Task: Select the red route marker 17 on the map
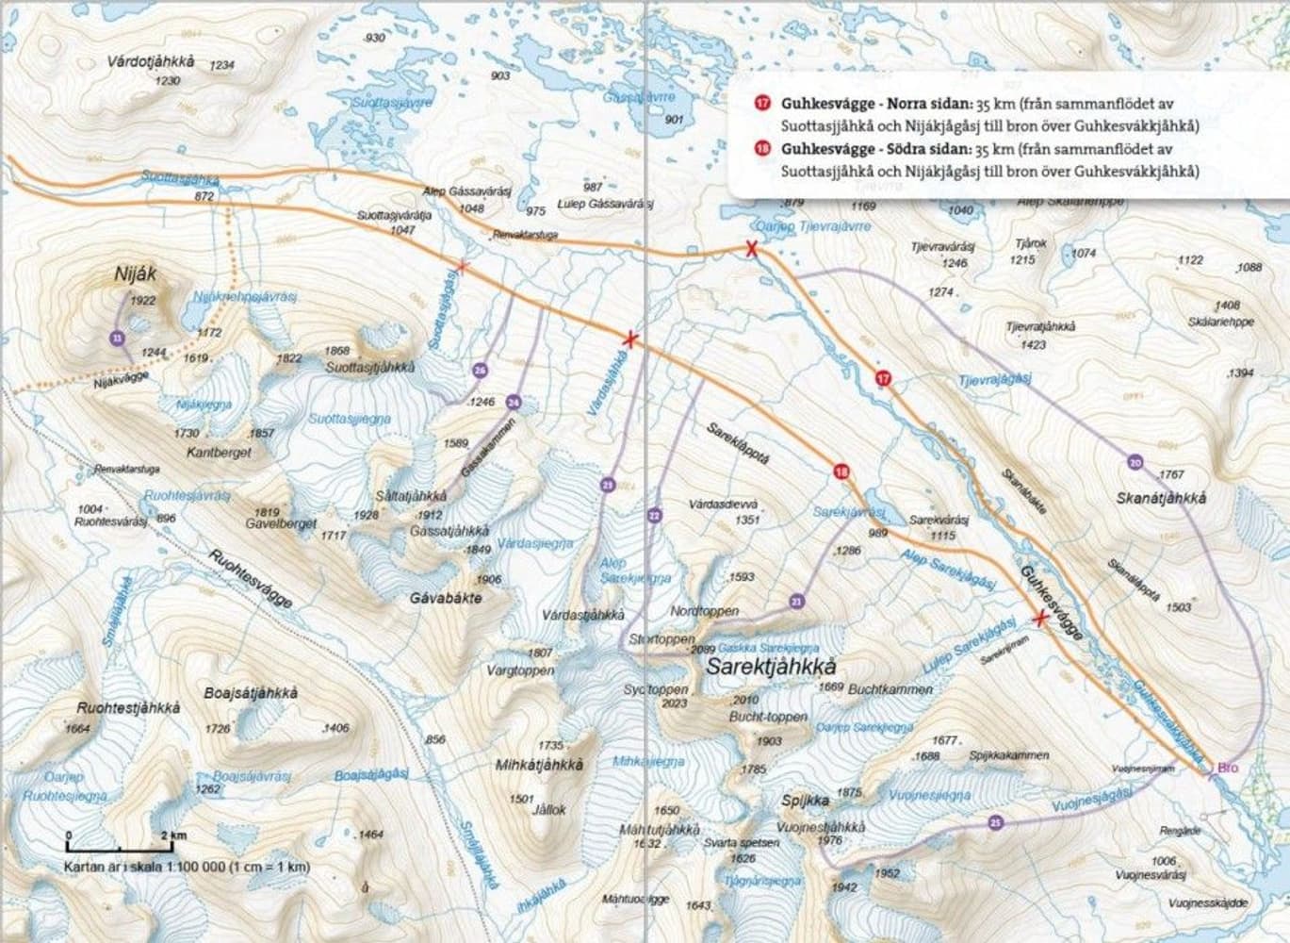[x=883, y=378]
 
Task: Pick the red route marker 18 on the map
[x=841, y=471]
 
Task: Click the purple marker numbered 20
[x=1135, y=462]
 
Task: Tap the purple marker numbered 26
[x=480, y=372]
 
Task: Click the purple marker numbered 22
[x=654, y=515]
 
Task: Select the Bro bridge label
[x=1227, y=769]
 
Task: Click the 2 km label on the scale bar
[x=174, y=835]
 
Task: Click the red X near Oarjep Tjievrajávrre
[x=751, y=249]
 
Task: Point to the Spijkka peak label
[x=806, y=801]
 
